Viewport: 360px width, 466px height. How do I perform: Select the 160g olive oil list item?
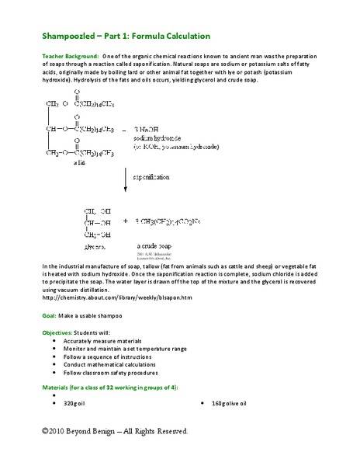pos(228,404)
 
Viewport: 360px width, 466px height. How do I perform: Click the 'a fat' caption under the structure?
pos(79,163)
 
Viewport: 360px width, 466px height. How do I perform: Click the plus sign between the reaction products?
pos(125,221)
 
